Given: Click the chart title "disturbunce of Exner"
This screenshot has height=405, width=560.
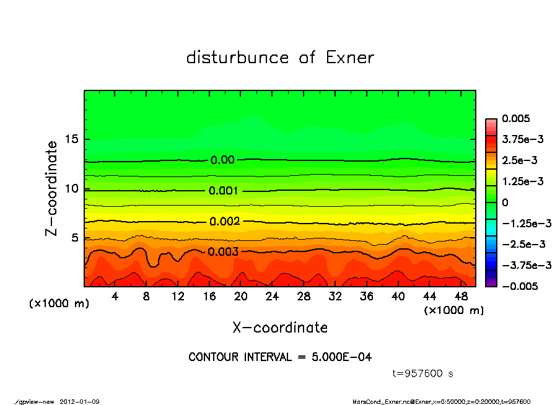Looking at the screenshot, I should (x=280, y=58).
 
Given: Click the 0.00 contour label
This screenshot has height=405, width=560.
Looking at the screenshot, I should (x=222, y=160).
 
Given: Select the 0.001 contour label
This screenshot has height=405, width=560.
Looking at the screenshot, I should (x=224, y=191).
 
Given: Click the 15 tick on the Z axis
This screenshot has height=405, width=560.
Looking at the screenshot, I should (x=72, y=139).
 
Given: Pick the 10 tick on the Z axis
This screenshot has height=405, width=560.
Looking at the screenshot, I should (x=72, y=188).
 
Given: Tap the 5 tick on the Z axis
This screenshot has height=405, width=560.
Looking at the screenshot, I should (x=76, y=238).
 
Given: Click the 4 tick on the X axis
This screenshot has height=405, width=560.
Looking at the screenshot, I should (x=115, y=297).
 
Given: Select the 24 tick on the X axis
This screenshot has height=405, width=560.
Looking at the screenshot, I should (x=273, y=297).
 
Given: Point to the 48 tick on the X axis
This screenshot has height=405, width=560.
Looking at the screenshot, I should (x=462, y=297).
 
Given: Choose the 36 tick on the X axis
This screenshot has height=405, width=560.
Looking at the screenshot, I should (x=367, y=297).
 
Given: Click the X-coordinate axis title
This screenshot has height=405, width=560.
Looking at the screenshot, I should (x=280, y=327).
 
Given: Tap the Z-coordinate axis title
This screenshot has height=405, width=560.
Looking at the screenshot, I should (x=51, y=188).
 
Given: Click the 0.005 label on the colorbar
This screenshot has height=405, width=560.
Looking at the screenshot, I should (x=517, y=118).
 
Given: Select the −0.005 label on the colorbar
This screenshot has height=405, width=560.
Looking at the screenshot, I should (x=519, y=286).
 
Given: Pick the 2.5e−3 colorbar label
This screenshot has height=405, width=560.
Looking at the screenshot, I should (x=519, y=160).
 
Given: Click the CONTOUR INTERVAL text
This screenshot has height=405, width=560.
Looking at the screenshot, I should (x=280, y=357).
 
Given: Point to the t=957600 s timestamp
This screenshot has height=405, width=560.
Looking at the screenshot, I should (x=424, y=373).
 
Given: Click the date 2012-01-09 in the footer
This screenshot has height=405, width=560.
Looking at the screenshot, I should (x=80, y=401).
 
